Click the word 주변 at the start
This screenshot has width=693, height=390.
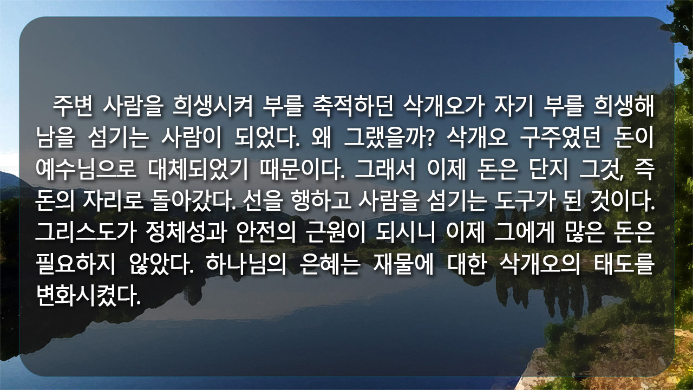coord(73,106)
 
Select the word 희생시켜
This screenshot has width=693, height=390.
coord(213,106)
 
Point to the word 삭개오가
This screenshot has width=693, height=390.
coord(444,106)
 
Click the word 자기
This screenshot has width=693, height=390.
coord(514,106)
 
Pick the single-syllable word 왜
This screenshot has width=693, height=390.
coord(322,138)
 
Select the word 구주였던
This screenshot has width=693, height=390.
coord(560,138)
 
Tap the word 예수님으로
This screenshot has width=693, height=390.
coord(86,170)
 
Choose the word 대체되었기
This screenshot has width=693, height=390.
coord(198,170)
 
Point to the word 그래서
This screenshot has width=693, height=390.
coord(384,170)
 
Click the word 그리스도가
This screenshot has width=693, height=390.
coord(86,233)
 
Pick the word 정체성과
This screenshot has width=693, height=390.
coord(186,233)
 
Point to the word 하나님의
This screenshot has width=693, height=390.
coord(246,265)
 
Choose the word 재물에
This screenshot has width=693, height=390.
coord(403,265)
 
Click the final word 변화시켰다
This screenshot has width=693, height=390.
coord(88,296)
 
